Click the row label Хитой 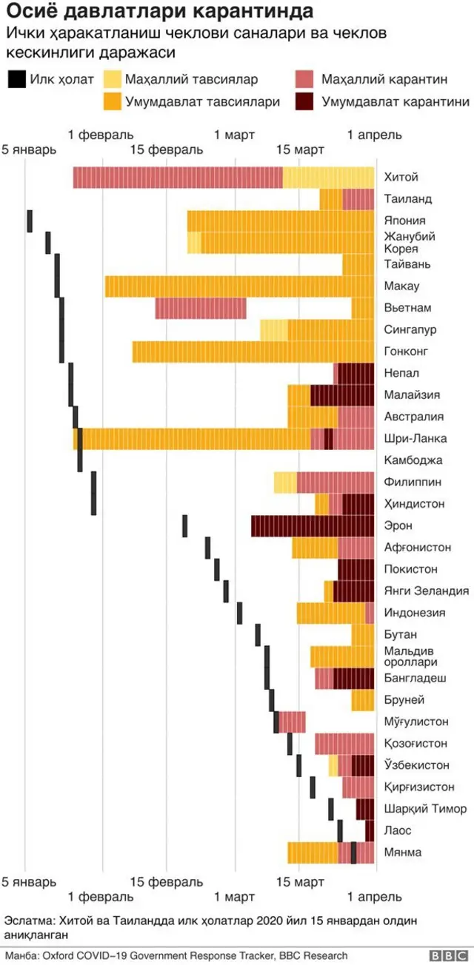(401, 178)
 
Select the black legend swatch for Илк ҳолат (16, 80)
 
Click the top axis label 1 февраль (101, 135)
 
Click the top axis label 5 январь (28, 150)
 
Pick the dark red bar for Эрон (312, 526)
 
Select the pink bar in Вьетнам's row (200, 308)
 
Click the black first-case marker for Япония (30, 221)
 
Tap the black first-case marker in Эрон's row (185, 526)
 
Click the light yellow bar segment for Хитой (328, 178)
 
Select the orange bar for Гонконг (253, 352)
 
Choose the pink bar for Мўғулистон (293, 722)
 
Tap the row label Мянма (403, 853)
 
